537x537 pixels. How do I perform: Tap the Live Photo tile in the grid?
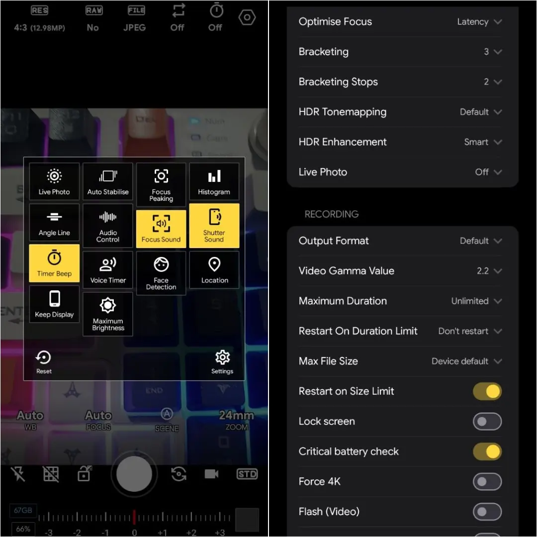click(54, 181)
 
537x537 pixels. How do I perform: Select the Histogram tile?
click(214, 181)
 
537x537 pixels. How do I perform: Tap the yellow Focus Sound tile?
click(161, 229)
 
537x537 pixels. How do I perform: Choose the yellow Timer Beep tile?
click(54, 263)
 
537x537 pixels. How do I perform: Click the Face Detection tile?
click(161, 273)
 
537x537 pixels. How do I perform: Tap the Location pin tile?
click(214, 269)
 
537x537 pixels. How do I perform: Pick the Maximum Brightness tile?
click(108, 314)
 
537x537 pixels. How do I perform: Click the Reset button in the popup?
click(44, 361)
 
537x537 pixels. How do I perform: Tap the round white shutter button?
click(134, 474)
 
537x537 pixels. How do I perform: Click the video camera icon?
click(211, 474)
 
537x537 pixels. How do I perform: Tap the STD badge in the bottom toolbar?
click(247, 474)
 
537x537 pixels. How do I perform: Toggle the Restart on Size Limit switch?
click(487, 391)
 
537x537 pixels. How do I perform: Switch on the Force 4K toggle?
click(487, 481)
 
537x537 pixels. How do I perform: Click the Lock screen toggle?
click(487, 421)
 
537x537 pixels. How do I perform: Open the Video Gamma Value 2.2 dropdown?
click(489, 271)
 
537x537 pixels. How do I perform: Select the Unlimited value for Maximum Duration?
click(470, 301)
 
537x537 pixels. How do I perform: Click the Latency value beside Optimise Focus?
click(473, 21)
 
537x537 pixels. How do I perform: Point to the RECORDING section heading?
click(332, 214)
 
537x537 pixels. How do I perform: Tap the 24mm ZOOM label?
click(236, 420)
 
